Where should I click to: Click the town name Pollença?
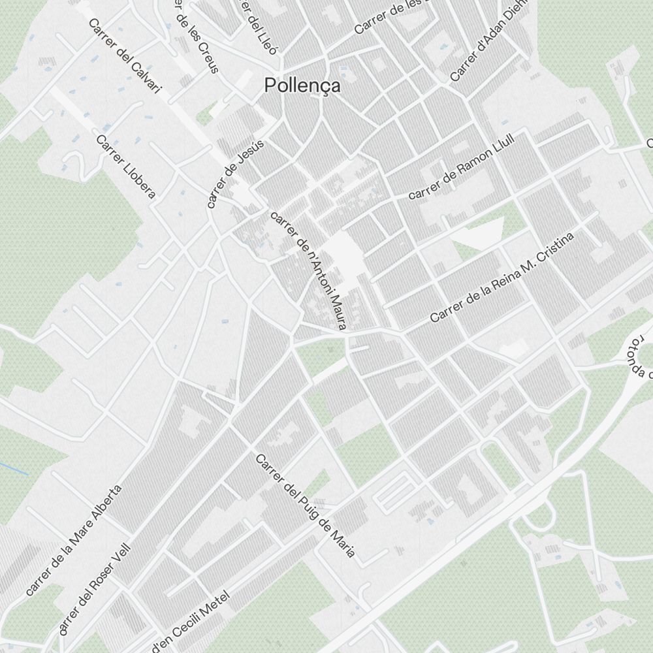pos(302,86)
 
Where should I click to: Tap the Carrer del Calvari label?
pos(124,56)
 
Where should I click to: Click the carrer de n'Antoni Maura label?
pos(307,270)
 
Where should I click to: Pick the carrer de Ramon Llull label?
pos(462,167)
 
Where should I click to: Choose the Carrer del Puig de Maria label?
pos(305,506)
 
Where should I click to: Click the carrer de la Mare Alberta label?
pos(74,541)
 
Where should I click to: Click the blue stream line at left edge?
pos(13,468)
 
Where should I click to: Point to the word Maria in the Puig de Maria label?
pos(343,545)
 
